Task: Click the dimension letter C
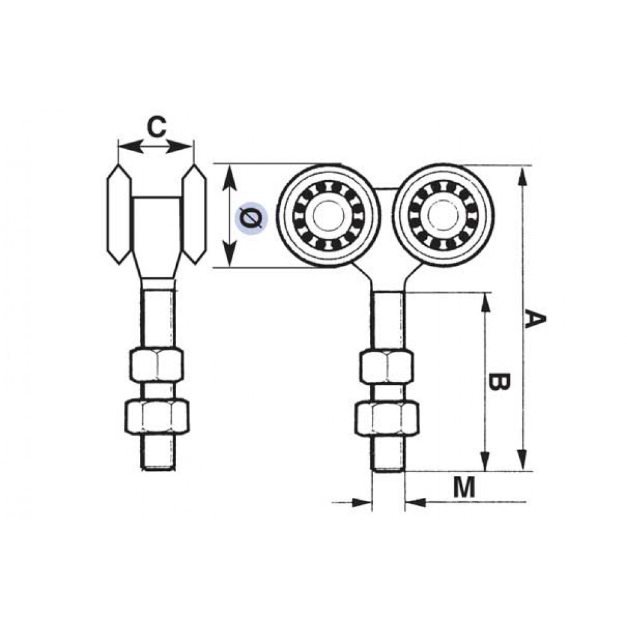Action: (156, 127)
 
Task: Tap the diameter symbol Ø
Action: (251, 218)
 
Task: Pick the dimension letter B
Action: (498, 382)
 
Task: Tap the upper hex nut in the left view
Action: (157, 365)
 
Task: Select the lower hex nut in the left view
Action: (157, 415)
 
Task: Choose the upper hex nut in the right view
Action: (387, 367)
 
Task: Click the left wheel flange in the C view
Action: (119, 214)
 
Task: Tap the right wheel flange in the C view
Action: (194, 214)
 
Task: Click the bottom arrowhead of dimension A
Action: (520, 462)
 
